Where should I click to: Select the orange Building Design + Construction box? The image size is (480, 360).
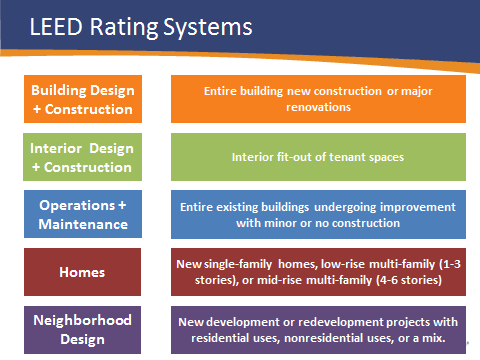coord(83,98)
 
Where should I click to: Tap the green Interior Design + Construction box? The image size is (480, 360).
coord(83,157)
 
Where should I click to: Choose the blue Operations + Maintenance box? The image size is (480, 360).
coord(83,214)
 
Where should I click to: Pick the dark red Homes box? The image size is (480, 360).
coord(83,271)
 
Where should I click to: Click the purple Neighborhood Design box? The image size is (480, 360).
coord(83,330)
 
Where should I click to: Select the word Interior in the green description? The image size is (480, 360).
coord(256,157)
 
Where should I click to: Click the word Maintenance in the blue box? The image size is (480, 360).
coord(83,223)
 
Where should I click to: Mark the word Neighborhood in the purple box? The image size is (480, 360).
coord(83,321)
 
